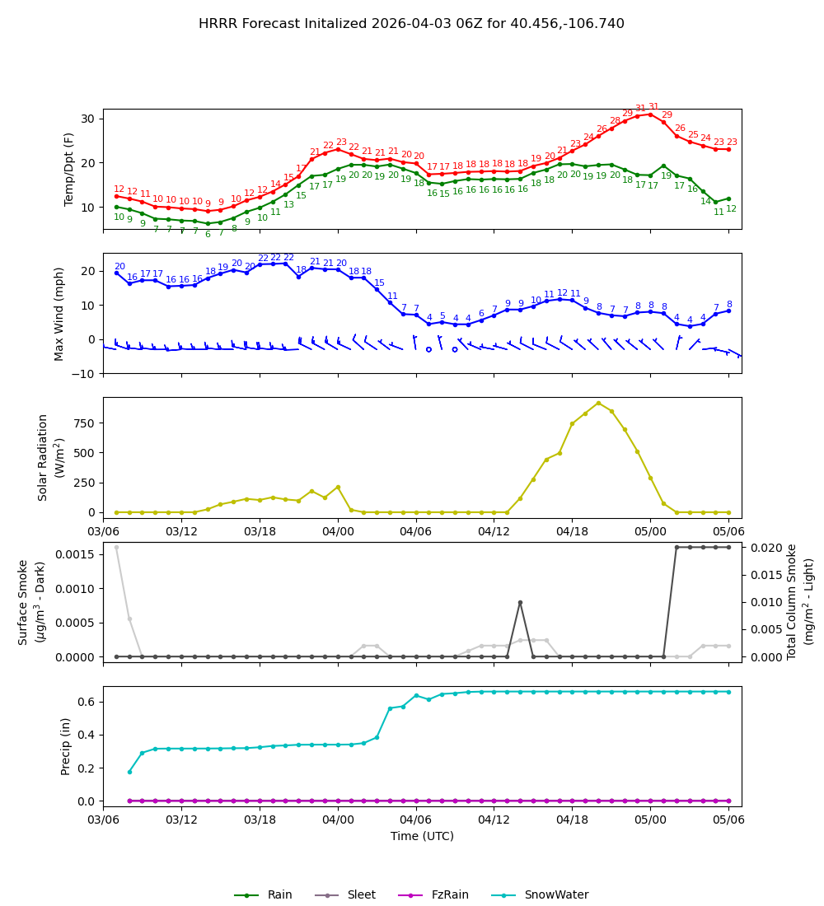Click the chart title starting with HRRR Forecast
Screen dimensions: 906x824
click(411, 24)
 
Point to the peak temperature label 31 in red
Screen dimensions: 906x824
click(653, 107)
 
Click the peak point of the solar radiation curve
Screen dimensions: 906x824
click(598, 403)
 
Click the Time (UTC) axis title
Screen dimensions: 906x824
click(422, 836)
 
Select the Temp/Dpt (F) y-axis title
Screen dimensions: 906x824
click(70, 169)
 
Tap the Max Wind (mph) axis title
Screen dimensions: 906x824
click(59, 313)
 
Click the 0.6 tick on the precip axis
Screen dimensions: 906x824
click(88, 702)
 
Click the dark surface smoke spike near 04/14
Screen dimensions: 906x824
click(520, 602)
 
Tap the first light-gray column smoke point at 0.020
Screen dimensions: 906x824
click(116, 547)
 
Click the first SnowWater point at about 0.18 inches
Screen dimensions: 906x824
click(129, 772)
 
